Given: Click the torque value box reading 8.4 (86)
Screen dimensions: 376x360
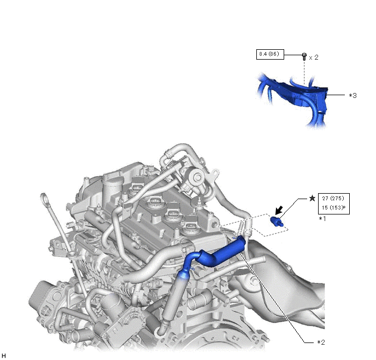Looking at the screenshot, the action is pos(270,55).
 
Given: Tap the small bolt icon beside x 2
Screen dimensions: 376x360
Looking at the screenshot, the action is pos(304,57).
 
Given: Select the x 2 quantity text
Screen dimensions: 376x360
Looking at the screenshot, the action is pos(314,57).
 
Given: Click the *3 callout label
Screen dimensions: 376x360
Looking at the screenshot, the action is pos(352,96).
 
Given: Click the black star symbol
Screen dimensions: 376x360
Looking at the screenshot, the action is pos(312,198).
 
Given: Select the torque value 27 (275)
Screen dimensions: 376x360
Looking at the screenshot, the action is pos(333,198).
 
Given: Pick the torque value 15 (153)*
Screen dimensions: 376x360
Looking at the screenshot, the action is pos(333,207).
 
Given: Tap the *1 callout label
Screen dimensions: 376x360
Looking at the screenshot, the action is pos(322,219).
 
